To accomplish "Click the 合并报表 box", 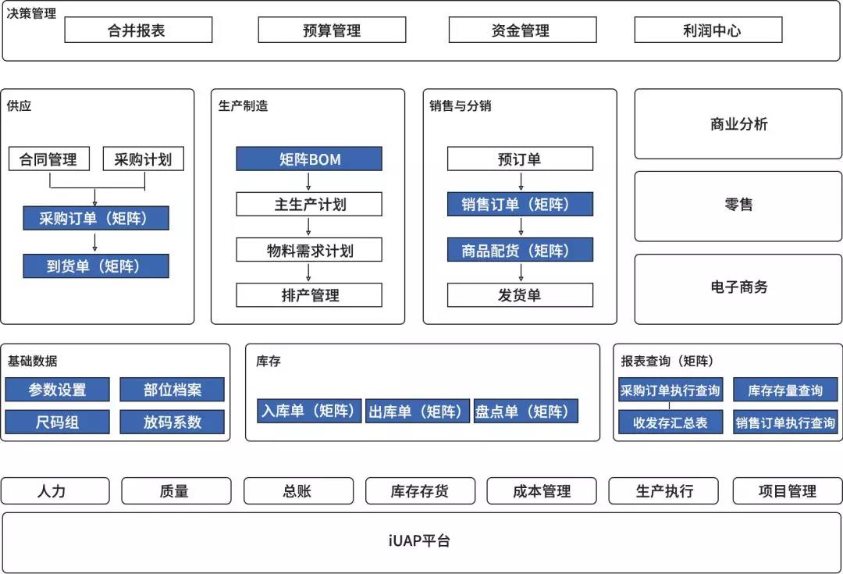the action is (x=138, y=30).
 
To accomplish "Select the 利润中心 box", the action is (x=708, y=30).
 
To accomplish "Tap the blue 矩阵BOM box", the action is (x=309, y=159).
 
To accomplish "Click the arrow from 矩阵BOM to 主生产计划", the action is (x=308, y=181).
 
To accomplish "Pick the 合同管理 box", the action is (x=49, y=159).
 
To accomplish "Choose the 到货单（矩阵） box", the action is (x=96, y=266).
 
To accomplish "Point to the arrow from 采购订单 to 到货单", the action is (x=95, y=241).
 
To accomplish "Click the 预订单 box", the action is (x=520, y=159).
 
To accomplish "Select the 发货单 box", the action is (x=520, y=294).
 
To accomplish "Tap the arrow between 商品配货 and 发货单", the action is (x=521, y=273).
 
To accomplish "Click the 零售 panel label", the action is (x=738, y=205).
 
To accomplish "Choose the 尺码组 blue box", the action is (x=57, y=422).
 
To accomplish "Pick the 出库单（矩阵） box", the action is (x=417, y=411).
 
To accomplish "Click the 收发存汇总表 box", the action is (x=670, y=422).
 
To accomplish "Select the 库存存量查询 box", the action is (x=785, y=390).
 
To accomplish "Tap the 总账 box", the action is (x=298, y=490).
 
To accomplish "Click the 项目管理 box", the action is (x=788, y=490).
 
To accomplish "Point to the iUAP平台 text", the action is (x=419, y=540).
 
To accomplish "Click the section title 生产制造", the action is (x=243, y=105).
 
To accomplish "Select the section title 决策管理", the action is (x=31, y=13).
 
